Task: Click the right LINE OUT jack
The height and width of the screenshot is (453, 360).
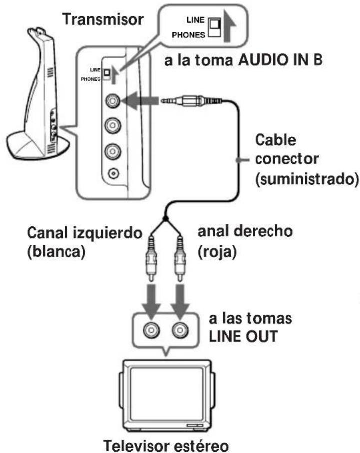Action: pyautogui.click(x=180, y=330)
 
